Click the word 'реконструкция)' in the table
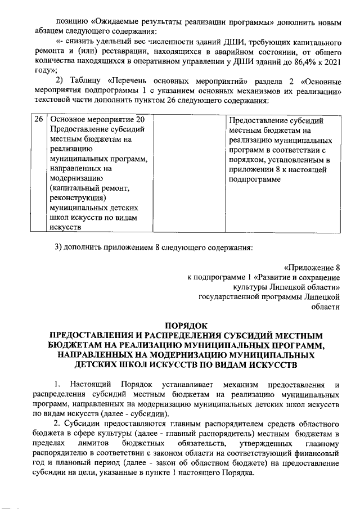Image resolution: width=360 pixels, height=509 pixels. tap(78, 197)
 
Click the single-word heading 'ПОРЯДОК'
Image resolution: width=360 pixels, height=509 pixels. tap(186, 325)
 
